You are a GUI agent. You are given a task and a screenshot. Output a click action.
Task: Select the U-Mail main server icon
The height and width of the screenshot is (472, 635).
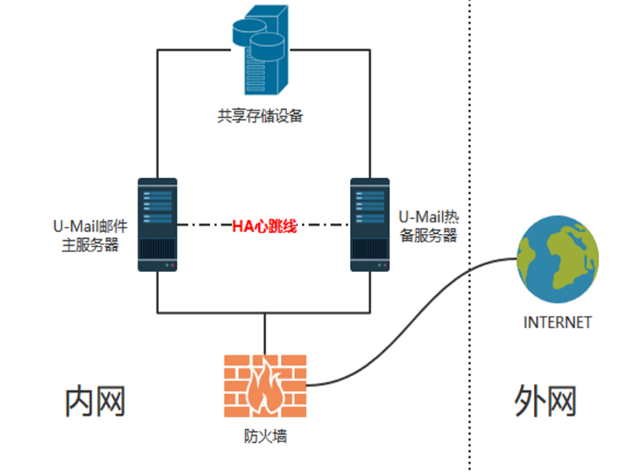[x=156, y=224]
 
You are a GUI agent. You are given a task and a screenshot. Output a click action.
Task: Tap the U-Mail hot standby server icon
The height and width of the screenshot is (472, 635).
[x=369, y=224]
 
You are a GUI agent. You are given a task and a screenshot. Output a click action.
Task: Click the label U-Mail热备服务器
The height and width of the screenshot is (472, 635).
[x=428, y=225]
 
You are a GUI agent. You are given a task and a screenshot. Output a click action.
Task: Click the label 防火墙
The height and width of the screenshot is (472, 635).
[x=265, y=435]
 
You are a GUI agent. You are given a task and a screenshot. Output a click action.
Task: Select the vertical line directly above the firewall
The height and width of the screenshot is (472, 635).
[x=265, y=334]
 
